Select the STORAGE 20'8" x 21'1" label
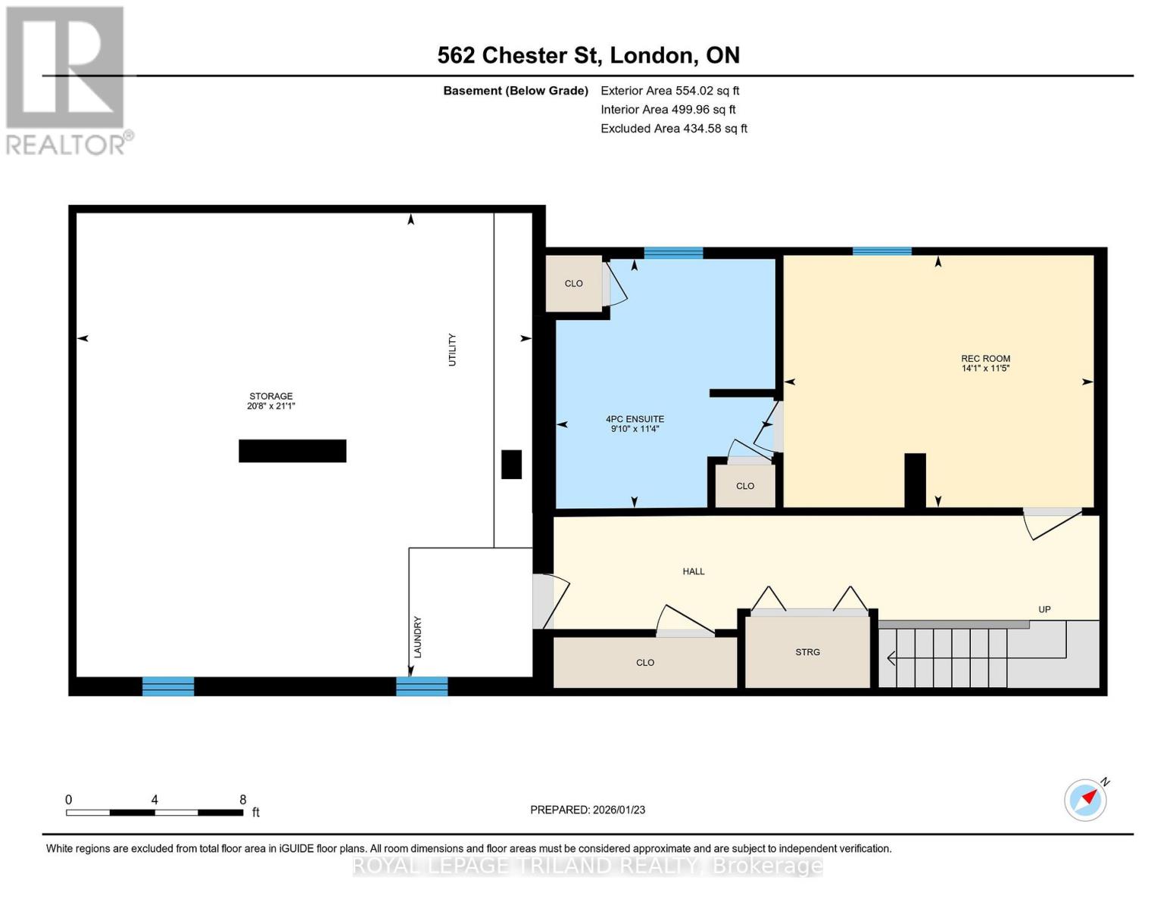coord(271,401)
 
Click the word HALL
coord(694,572)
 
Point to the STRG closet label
coord(807,652)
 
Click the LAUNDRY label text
coord(417,637)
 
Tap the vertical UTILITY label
coord(452,350)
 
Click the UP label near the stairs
coord(1044,610)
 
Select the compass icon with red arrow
coord(1086,800)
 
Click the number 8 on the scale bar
coord(243,800)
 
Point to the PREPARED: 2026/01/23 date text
coord(588,810)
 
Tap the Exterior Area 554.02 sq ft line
coord(669,91)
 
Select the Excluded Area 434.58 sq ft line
coord(673,129)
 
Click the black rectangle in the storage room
coord(292,451)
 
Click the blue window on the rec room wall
coord(881,252)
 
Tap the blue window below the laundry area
coord(422,686)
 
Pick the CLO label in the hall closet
coord(645,663)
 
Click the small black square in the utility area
coord(512,465)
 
